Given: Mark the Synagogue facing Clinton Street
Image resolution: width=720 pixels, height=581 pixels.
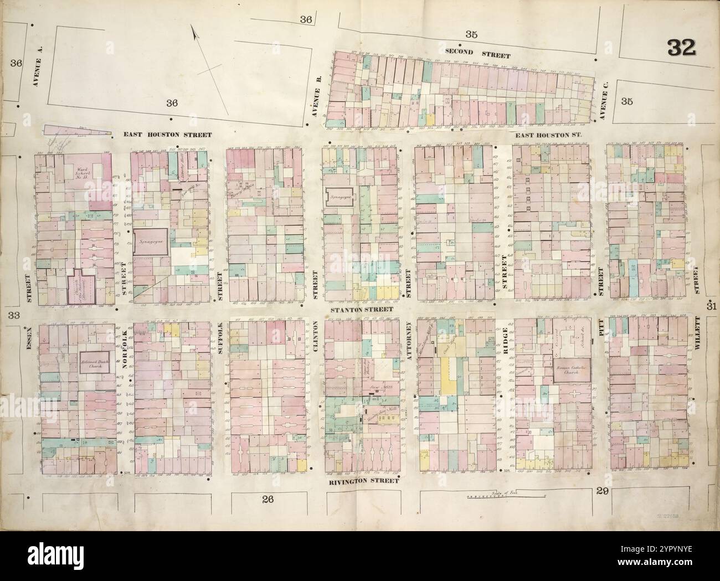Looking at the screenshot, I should point(339,196).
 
